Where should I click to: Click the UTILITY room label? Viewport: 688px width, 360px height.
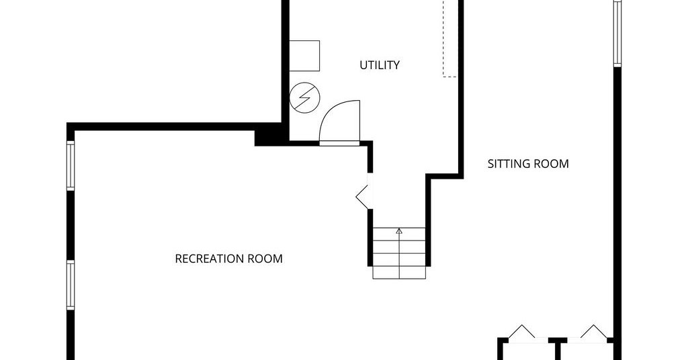pyautogui.click(x=380, y=65)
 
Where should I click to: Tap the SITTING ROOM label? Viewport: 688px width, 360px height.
pyautogui.click(x=528, y=164)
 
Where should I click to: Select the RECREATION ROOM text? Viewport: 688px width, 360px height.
pyautogui.click(x=228, y=259)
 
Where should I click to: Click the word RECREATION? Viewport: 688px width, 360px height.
pyautogui.click(x=209, y=259)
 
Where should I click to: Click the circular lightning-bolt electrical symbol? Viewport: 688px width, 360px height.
pyautogui.click(x=305, y=97)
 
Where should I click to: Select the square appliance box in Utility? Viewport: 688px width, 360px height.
pyautogui.click(x=304, y=56)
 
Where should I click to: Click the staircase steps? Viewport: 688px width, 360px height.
pyautogui.click(x=399, y=253)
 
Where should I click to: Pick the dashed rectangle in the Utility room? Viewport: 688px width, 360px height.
pyautogui.click(x=450, y=38)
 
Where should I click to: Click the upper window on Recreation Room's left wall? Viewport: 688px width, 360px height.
pyautogui.click(x=71, y=165)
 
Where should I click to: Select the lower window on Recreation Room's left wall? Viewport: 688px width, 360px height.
pyautogui.click(x=71, y=285)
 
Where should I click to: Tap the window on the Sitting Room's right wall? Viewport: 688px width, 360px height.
pyautogui.click(x=617, y=34)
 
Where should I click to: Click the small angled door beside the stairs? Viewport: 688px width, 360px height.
pyautogui.click(x=362, y=197)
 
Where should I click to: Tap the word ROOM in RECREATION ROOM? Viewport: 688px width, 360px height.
pyautogui.click(x=264, y=259)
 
